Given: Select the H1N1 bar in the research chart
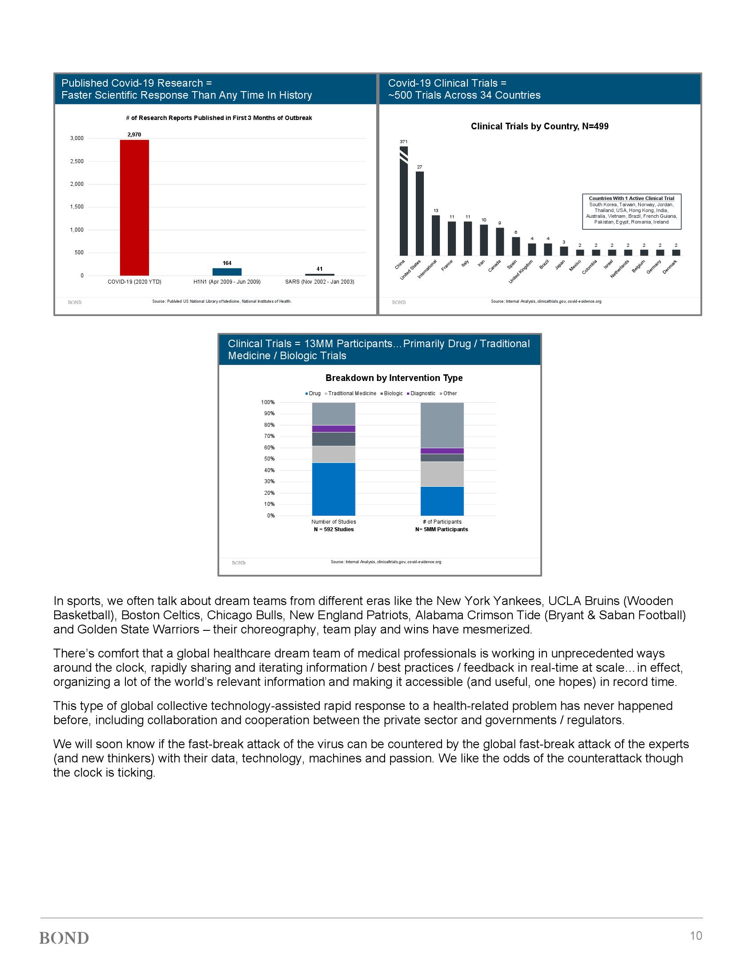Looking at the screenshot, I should coord(227,271).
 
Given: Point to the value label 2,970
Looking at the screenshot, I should coord(134,134).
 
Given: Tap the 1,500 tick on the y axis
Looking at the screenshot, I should coord(77,207).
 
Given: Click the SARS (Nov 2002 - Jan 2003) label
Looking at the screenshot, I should coord(319,282).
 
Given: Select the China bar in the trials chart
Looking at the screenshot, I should coord(403,201).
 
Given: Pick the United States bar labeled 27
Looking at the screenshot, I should coord(420,213).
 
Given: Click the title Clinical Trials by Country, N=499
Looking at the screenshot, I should coord(539,126).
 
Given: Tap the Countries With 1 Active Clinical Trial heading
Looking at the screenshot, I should coord(631,198).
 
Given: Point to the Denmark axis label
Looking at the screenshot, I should coord(670,267).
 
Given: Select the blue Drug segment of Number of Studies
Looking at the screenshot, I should coord(334,489).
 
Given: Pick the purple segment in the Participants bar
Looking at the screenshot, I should coord(442,451).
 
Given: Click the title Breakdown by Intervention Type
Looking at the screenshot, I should coord(394,378).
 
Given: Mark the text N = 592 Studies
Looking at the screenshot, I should coord(334,529).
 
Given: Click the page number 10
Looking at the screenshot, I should coord(696,935).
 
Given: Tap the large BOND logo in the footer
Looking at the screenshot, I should coord(64,938).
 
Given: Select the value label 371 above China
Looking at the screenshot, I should coord(403,141).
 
